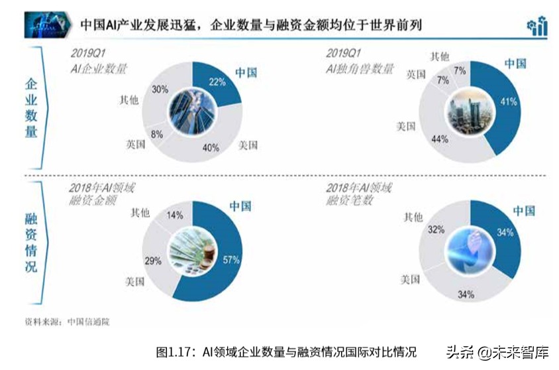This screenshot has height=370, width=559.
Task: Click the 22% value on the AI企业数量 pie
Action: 217,83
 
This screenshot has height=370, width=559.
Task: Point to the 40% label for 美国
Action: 211,148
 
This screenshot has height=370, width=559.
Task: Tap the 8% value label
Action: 157,134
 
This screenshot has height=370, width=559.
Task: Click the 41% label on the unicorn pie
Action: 509,101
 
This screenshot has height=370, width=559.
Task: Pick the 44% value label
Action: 440,139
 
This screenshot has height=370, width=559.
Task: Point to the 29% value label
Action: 153,261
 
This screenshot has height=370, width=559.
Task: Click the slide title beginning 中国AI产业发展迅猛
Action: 251,25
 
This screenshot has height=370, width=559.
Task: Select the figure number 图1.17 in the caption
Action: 174,351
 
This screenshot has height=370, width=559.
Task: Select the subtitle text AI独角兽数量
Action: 360,68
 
